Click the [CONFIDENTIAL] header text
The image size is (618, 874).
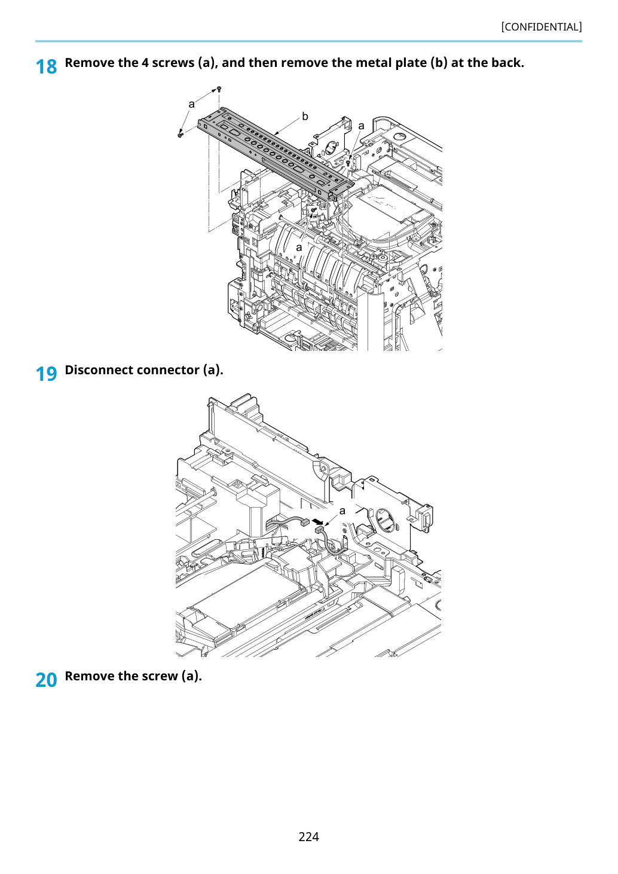click(x=541, y=27)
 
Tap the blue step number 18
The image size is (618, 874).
click(x=46, y=67)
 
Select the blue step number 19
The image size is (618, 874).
click(x=46, y=374)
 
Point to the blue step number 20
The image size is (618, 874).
click(x=46, y=680)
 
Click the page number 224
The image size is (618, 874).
click(x=308, y=836)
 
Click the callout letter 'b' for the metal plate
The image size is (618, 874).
click(x=305, y=116)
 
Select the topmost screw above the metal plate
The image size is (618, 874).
click(x=219, y=89)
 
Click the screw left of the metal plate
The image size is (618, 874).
click(x=180, y=135)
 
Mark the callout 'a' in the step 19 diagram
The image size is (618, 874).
click(x=342, y=511)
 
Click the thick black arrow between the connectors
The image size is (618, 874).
click(x=319, y=522)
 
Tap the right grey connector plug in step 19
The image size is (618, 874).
click(x=320, y=530)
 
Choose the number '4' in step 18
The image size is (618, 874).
click(x=145, y=63)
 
